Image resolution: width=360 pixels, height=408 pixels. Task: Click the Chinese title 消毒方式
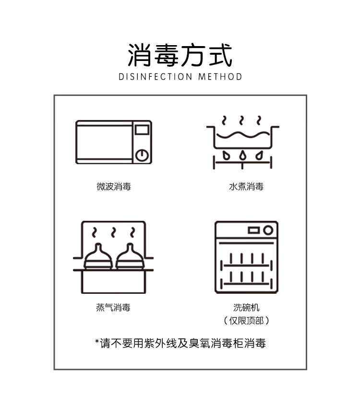coord(180,55)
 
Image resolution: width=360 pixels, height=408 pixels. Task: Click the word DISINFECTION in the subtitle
coord(156,77)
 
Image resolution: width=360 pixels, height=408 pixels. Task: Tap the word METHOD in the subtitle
coord(220,77)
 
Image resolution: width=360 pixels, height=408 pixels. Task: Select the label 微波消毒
coord(114,187)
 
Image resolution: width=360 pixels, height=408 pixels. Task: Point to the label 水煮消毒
coord(246,187)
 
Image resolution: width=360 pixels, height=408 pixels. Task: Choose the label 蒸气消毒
coord(113,308)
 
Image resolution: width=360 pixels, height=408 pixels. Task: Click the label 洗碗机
coord(246,308)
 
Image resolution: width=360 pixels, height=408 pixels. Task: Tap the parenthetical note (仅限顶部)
coord(246,321)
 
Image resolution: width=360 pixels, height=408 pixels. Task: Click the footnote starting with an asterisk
coord(180,343)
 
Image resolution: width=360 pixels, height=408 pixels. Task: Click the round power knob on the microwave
coord(142,156)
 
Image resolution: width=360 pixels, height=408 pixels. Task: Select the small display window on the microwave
coord(142,130)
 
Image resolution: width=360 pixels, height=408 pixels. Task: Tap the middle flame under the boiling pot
coord(242,155)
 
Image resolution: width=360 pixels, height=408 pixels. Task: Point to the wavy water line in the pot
coord(243,135)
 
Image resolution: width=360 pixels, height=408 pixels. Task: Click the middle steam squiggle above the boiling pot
coord(241,120)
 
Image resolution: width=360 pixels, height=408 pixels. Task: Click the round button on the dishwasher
coord(268,230)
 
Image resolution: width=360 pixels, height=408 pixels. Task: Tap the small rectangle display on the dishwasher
coord(253,230)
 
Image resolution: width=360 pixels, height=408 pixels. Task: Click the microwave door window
coord(105,142)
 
